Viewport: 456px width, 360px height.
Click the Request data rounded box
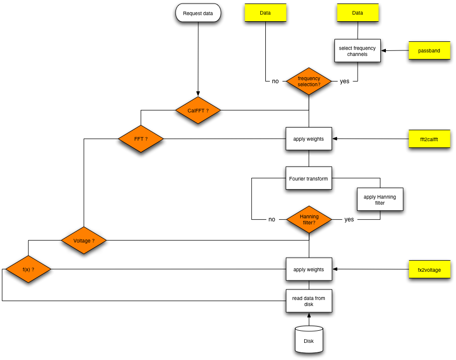pyautogui.click(x=198, y=13)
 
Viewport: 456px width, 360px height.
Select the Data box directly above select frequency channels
pyautogui.click(x=358, y=13)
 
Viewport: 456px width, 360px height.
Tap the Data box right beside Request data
pyautogui.click(x=265, y=13)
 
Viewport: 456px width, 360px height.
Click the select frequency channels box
pyautogui.click(x=357, y=50)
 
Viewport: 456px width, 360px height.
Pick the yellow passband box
pyautogui.click(x=429, y=50)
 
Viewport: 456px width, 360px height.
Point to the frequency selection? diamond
pyautogui.click(x=309, y=81)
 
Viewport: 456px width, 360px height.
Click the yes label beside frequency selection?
pyautogui.click(x=345, y=81)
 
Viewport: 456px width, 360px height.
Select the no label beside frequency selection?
pyautogui.click(x=275, y=81)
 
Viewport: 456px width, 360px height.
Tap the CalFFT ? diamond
pyautogui.click(x=198, y=110)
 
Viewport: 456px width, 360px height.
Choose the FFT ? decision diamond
pyautogui.click(x=141, y=139)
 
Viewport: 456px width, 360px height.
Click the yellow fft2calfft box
pyautogui.click(x=429, y=139)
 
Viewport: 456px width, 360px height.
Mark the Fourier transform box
pyautogui.click(x=308, y=178)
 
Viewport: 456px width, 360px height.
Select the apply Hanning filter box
pyautogui.click(x=380, y=199)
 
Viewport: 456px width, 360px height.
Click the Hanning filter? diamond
pyautogui.click(x=309, y=219)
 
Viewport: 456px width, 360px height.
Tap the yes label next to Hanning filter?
pyautogui.click(x=349, y=219)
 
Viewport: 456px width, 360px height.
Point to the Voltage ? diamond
pyautogui.click(x=84, y=241)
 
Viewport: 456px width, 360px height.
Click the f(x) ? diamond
pyautogui.click(x=28, y=269)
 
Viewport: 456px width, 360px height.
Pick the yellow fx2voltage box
pyautogui.click(x=429, y=269)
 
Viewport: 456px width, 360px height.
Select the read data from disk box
pyautogui.click(x=309, y=301)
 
